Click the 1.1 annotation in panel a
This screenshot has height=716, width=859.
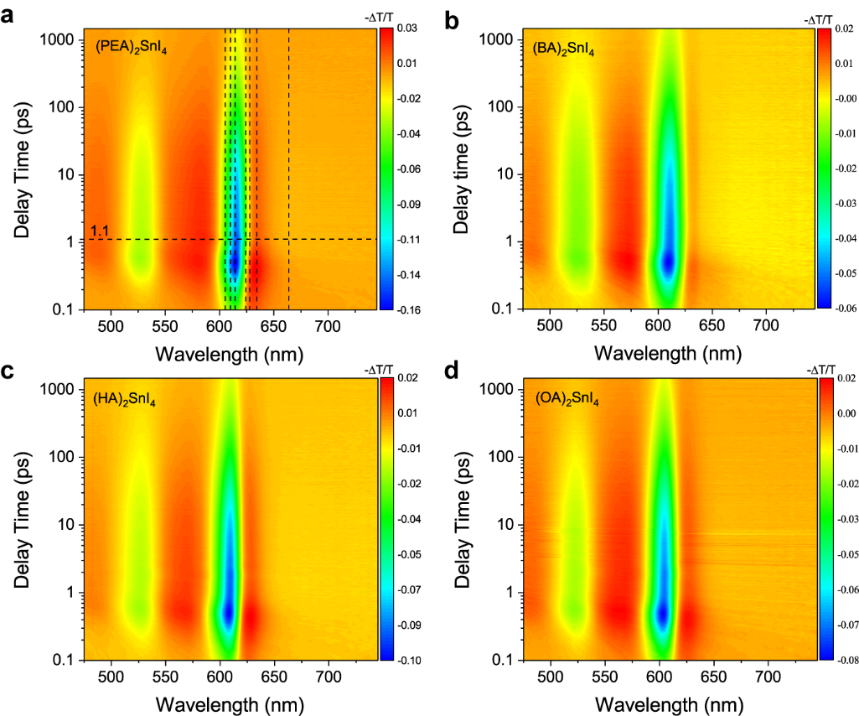[x=99, y=231]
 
